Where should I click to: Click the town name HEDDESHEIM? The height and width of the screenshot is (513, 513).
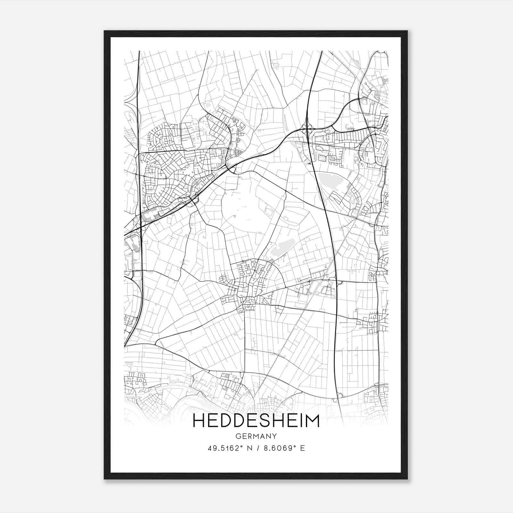(256, 421)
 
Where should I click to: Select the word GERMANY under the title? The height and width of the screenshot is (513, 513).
(256, 436)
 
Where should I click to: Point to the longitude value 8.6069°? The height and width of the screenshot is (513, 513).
(279, 448)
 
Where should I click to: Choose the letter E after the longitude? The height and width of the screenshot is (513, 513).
(303, 448)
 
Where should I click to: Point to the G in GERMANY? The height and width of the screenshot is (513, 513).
(238, 436)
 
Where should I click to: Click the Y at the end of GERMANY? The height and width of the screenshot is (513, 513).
(275, 436)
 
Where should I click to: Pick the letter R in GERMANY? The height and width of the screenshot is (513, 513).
(250, 436)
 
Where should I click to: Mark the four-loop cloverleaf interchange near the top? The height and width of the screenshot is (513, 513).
(307, 130)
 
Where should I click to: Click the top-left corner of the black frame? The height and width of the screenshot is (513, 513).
(105, 31)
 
